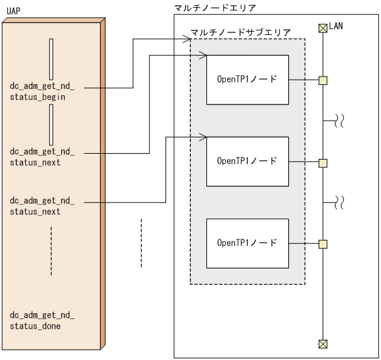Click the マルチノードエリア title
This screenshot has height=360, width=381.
coord(215,8)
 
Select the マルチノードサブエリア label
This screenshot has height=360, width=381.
coord(240,32)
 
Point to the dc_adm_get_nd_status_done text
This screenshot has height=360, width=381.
coord(42,321)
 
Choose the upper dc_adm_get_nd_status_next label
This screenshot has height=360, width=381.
coord(42,158)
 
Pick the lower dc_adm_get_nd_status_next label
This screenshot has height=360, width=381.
coord(42,207)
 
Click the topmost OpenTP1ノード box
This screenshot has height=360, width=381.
coord(247,80)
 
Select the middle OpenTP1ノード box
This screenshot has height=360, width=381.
coord(247,161)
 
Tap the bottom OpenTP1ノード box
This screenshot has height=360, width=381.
coord(247,243)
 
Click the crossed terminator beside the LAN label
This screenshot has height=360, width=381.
coord(323,28)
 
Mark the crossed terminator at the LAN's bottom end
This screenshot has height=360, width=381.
coord(323,344)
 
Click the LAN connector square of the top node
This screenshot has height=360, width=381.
coord(323,80)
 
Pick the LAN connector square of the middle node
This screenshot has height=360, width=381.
coord(323,162)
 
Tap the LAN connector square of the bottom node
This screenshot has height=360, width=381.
coord(323,244)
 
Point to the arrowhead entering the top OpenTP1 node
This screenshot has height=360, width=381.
coord(203,56)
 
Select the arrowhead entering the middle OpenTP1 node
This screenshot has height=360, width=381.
coord(203,137)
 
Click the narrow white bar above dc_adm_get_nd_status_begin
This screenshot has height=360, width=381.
coord(51,59)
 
